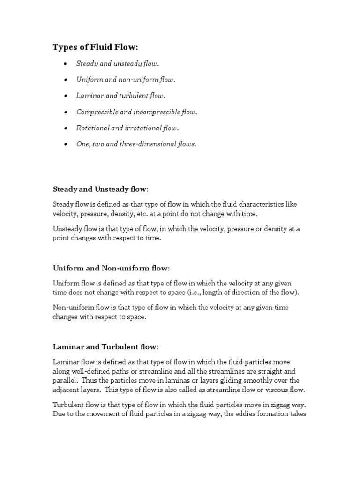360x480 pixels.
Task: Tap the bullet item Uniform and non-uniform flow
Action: pos(126,80)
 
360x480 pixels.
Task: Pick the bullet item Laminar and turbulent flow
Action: pos(121,96)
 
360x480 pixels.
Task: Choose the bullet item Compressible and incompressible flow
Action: pos(137,112)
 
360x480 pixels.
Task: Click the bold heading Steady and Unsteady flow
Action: pos(100,189)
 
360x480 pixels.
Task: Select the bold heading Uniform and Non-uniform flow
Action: pos(111,268)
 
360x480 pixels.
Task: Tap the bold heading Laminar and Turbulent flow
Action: pos(105,347)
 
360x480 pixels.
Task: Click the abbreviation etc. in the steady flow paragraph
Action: pos(155,213)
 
